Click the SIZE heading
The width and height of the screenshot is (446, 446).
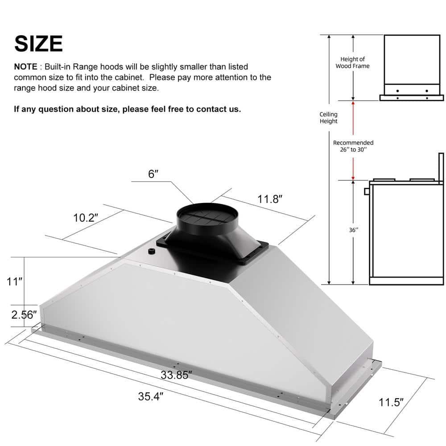tap(38, 43)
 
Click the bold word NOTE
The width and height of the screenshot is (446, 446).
tap(26, 66)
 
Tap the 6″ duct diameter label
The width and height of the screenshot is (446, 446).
tap(153, 174)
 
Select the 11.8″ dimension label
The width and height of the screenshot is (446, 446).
tap(270, 199)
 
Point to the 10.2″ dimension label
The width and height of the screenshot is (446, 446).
tap(86, 218)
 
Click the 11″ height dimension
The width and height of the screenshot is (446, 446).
tap(14, 281)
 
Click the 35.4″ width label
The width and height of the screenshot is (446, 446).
tap(149, 396)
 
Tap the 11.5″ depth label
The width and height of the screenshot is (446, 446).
tap(391, 402)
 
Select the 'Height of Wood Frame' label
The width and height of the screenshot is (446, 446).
tap(352, 62)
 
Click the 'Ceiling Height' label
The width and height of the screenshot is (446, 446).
tap(329, 118)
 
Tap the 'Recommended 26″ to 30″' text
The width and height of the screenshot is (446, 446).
tap(353, 146)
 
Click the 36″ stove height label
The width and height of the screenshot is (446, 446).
tap(354, 231)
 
